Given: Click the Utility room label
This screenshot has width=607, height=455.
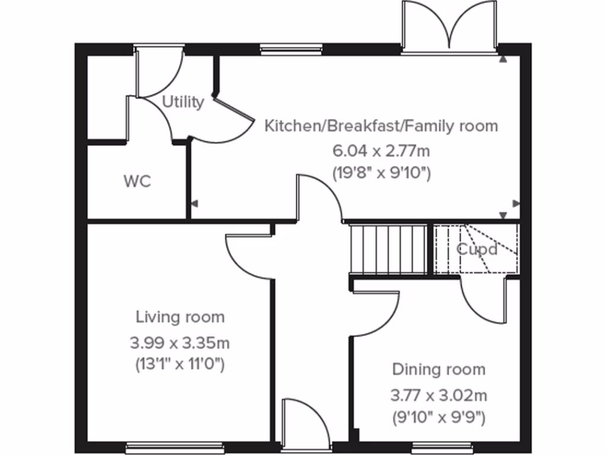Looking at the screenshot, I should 183,102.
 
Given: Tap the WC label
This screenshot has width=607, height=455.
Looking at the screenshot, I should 137,181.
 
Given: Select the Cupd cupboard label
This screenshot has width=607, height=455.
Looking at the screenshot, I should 477,249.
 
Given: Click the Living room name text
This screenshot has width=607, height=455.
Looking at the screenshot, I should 180,317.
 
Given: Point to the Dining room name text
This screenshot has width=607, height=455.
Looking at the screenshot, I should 439,370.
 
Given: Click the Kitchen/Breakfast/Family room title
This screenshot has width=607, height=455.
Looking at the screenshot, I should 381,126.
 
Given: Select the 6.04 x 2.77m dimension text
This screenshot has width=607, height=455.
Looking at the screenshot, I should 381,150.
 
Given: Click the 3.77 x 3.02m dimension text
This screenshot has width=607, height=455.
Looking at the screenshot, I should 439,395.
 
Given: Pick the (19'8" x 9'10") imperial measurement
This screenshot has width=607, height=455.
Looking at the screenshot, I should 381,174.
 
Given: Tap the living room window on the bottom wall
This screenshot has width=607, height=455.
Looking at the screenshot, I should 175,447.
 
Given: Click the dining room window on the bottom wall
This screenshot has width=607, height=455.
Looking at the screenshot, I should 442,447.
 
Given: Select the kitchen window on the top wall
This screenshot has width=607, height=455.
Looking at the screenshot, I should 291,50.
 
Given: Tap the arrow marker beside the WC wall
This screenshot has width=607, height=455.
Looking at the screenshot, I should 194,204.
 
